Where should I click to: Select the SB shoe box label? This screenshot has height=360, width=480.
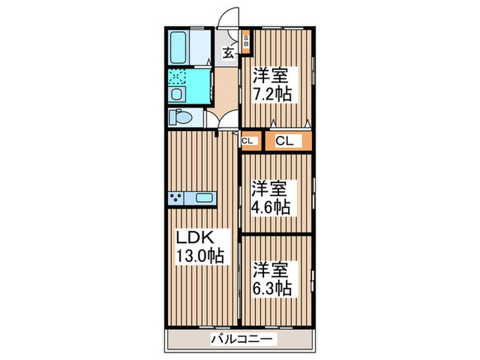point(247,43)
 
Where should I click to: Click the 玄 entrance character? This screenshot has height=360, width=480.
point(228,50)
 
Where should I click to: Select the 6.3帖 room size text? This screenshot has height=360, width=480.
point(272,287)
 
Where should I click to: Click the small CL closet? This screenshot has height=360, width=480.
point(248,142)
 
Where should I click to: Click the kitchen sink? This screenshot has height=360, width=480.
point(205,198)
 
